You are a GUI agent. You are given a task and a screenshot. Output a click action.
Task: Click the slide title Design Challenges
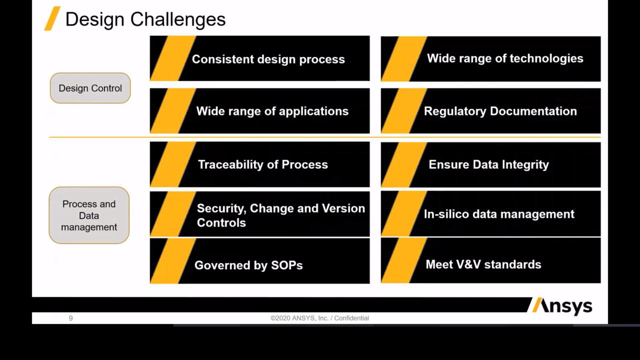145,19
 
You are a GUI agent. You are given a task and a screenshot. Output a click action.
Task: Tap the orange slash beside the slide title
52,18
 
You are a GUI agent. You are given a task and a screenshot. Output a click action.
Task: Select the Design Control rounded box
90,88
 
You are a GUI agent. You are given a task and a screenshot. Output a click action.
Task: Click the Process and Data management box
89,215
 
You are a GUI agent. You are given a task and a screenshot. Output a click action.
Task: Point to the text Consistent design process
268,59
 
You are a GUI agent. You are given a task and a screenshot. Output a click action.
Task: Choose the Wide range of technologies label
505,58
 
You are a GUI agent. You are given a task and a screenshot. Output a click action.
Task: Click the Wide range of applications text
272,111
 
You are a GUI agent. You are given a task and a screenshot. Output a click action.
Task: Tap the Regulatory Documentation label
500,111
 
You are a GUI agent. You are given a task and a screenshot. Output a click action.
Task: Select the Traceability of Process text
263,164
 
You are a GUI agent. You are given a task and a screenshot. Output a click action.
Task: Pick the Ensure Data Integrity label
489,164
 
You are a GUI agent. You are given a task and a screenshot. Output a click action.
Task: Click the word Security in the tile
221,208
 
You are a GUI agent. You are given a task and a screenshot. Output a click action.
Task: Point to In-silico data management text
499,214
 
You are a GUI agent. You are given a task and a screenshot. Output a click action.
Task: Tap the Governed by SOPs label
248,265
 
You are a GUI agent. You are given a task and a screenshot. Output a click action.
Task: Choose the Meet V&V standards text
483,264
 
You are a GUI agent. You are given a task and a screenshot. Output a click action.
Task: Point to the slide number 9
70,318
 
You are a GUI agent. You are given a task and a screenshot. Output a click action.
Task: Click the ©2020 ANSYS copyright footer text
319,318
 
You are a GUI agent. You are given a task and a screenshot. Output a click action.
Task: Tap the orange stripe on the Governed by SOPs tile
173,261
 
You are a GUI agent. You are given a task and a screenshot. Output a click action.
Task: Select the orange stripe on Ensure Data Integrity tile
404,164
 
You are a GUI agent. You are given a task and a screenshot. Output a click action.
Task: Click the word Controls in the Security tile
221,223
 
